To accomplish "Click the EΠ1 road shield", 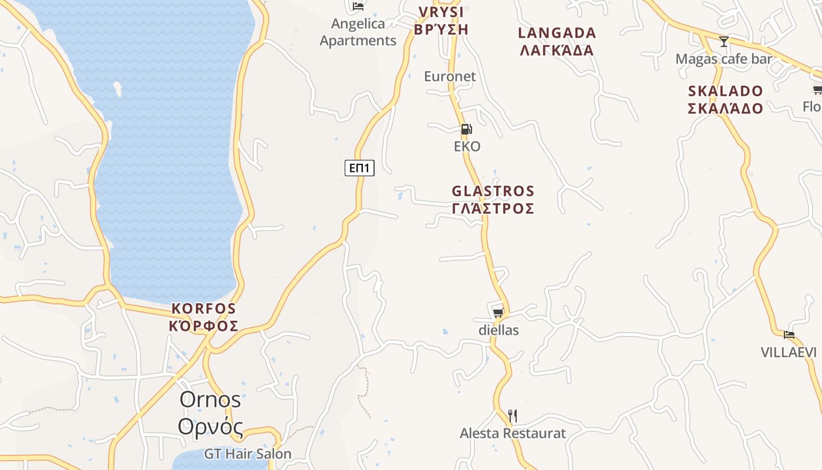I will (x=359, y=168).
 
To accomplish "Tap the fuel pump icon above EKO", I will (x=466, y=129).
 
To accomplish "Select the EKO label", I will (x=467, y=146).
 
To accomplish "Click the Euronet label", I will (x=450, y=76).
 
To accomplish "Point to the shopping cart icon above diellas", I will (x=498, y=312).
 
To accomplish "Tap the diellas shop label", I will (x=498, y=330).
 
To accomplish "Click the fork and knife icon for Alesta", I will (x=513, y=416).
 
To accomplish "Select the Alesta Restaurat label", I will (x=513, y=434).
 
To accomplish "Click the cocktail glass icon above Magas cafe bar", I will (x=724, y=42).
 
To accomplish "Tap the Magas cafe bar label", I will (x=723, y=59).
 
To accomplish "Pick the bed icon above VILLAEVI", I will (x=789, y=335).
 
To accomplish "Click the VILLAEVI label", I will (x=789, y=352).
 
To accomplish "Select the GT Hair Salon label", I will (x=248, y=454).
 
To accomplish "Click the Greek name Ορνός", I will (x=210, y=427).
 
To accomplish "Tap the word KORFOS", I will (x=204, y=308).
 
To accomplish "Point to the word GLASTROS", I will (x=493, y=191).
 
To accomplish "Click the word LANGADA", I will (x=557, y=33).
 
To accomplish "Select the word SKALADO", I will (x=726, y=91).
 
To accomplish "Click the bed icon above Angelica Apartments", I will (x=358, y=6).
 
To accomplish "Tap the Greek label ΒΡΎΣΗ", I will (x=441, y=29).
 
